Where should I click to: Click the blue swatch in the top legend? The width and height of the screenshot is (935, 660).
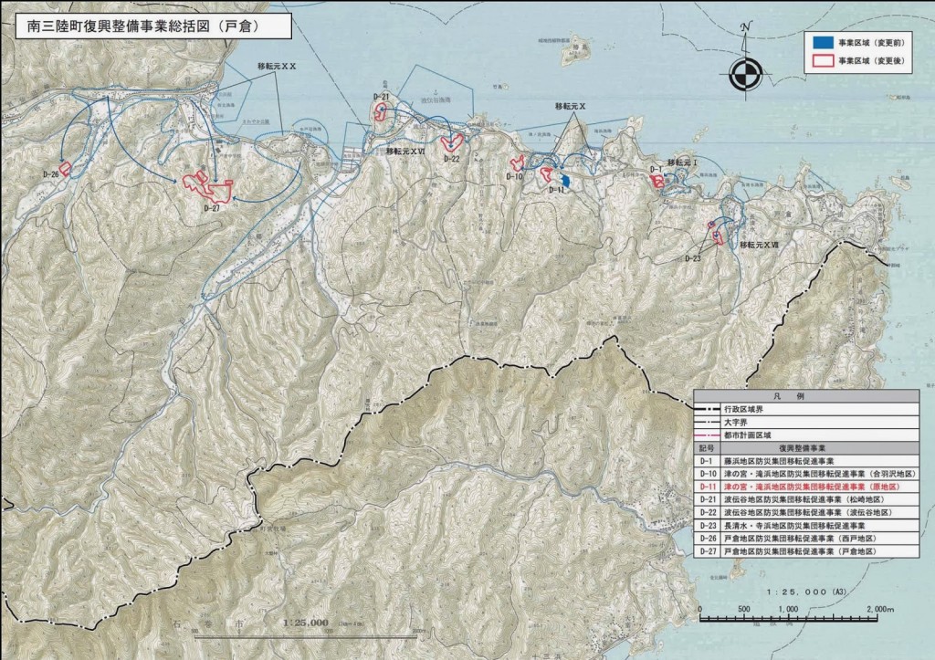824,42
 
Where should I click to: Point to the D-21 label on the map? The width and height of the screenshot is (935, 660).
382,97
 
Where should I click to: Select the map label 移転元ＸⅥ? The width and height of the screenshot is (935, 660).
407,152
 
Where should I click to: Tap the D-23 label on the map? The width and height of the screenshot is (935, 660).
692,259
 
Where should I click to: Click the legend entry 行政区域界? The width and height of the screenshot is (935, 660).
741,410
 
